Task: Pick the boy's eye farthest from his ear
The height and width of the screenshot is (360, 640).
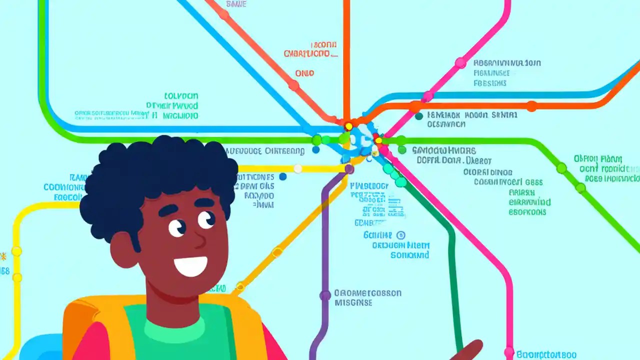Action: click(x=205, y=219)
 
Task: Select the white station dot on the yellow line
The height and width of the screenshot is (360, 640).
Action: click(x=298, y=169)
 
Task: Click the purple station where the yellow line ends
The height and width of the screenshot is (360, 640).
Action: click(x=349, y=169)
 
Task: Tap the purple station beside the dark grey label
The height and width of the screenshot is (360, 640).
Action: click(x=325, y=295)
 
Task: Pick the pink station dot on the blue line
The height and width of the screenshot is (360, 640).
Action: click(x=427, y=96)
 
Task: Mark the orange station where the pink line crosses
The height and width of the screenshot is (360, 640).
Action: click(x=415, y=106)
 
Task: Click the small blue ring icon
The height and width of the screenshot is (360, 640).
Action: click(x=400, y=235)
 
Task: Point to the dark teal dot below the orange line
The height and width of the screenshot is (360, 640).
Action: click(x=418, y=116)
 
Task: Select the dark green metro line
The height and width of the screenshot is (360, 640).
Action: click(x=452, y=260)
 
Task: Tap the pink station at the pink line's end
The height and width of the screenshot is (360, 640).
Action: click(x=509, y=352)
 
